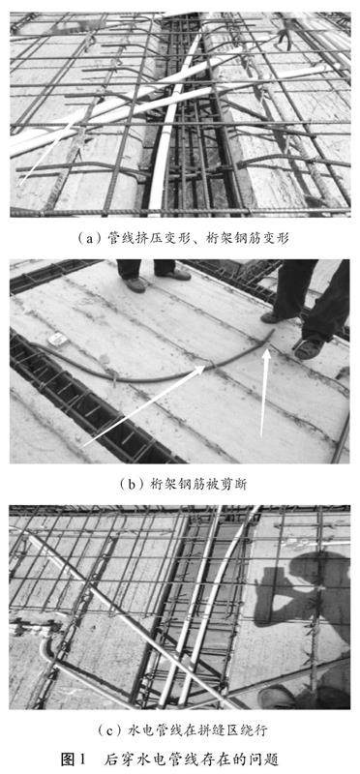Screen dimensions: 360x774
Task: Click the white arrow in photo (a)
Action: point(50,155)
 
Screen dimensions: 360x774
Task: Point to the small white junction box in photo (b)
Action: point(58,340)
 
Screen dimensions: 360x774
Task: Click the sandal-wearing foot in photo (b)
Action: point(309,348)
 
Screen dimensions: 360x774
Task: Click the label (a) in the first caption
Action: point(84,239)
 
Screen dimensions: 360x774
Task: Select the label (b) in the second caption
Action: point(129,485)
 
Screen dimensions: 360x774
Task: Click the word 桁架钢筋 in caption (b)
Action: point(170,485)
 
